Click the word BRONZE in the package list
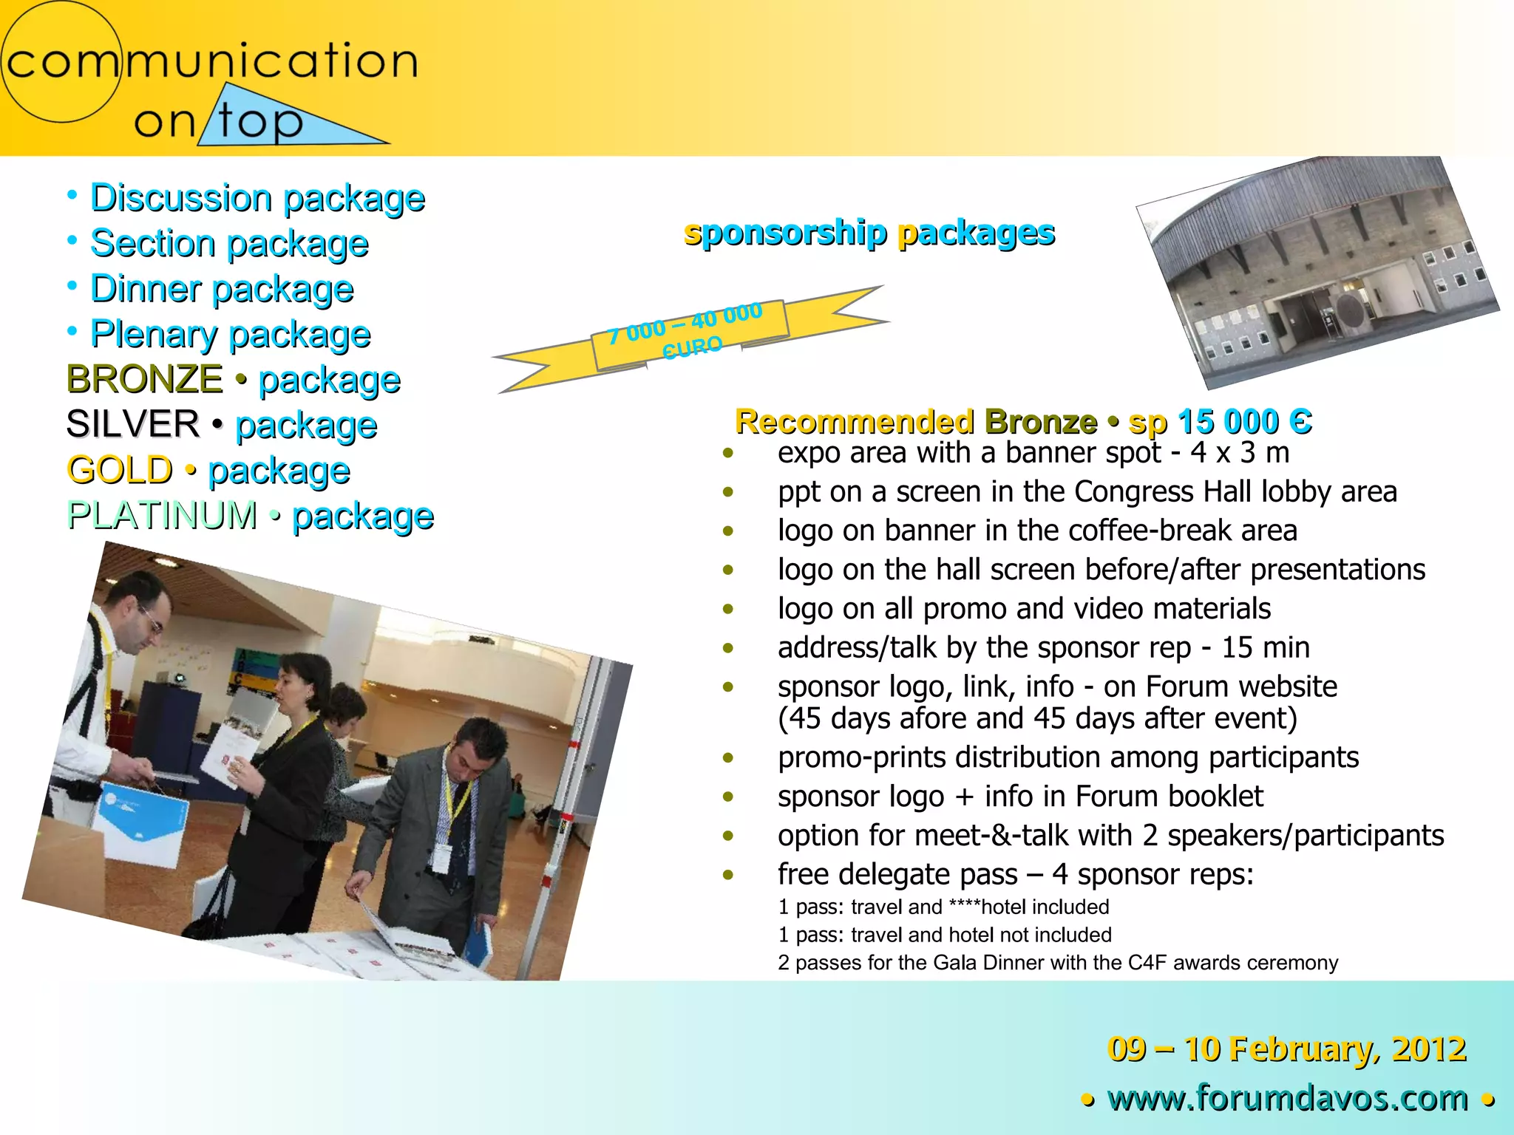point(144,379)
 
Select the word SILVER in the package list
point(133,424)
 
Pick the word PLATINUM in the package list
point(162,515)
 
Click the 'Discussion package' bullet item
point(257,198)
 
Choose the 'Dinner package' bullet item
point(222,289)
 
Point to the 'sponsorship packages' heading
point(869,233)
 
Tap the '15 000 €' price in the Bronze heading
point(1245,422)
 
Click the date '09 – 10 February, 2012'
point(1286,1049)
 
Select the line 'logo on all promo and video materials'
point(1024,609)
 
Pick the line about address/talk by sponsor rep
point(1043,648)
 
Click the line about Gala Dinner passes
point(1058,963)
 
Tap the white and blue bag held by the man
point(140,828)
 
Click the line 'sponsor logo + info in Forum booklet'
point(1020,797)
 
